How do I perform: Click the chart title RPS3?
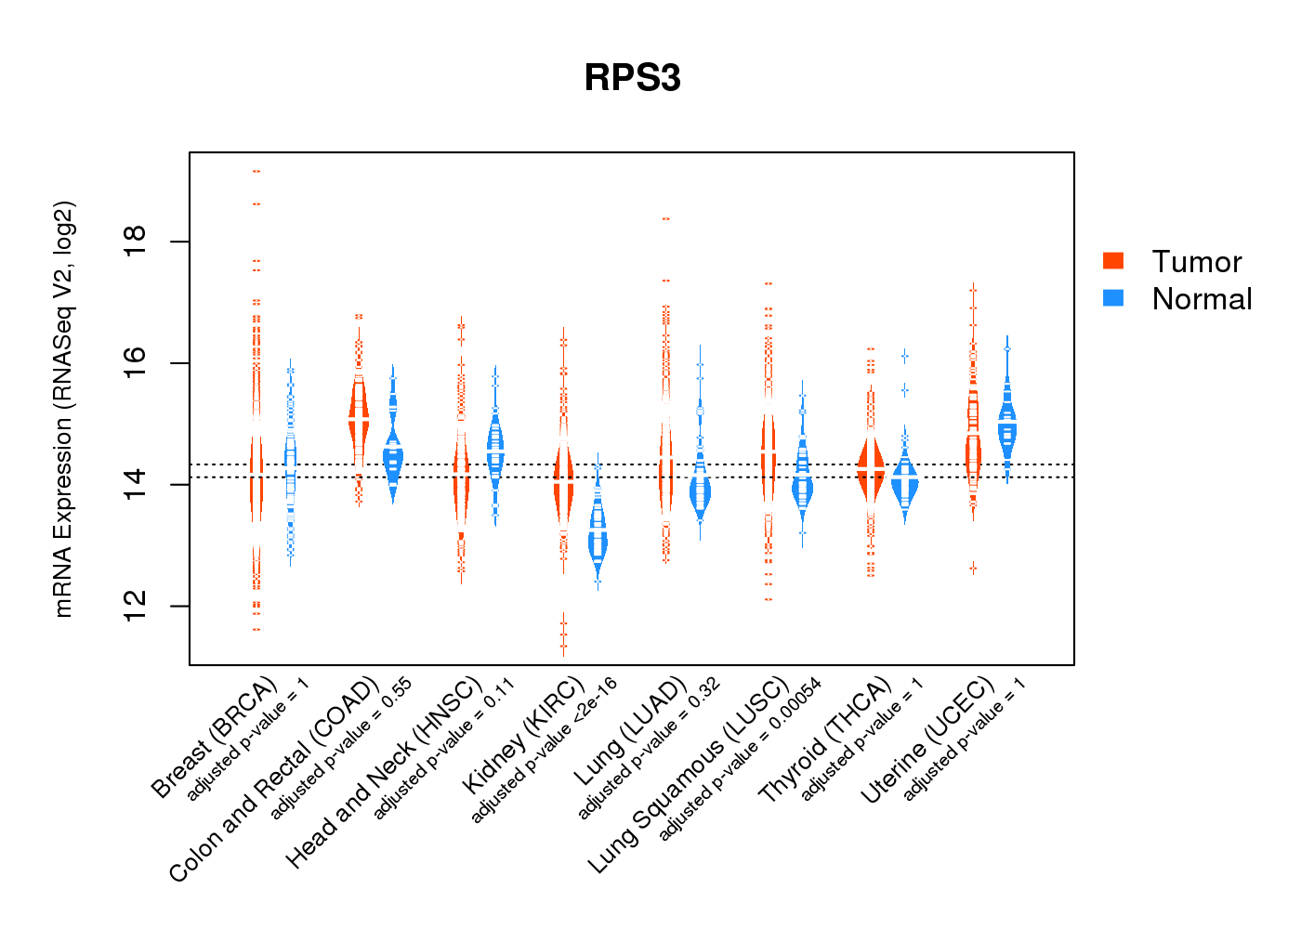tap(632, 78)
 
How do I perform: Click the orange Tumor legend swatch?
tap(1113, 261)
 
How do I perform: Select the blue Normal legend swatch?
tap(1113, 298)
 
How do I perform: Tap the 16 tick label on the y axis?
tap(136, 363)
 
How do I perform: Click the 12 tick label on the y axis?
tap(136, 606)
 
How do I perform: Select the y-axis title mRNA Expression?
tap(63, 409)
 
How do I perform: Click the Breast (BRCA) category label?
tap(215, 738)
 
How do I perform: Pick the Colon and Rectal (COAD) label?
tap(274, 779)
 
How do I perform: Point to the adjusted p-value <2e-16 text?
tap(545, 750)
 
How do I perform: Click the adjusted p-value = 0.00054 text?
tap(740, 760)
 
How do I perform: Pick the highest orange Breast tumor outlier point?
tap(256, 171)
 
